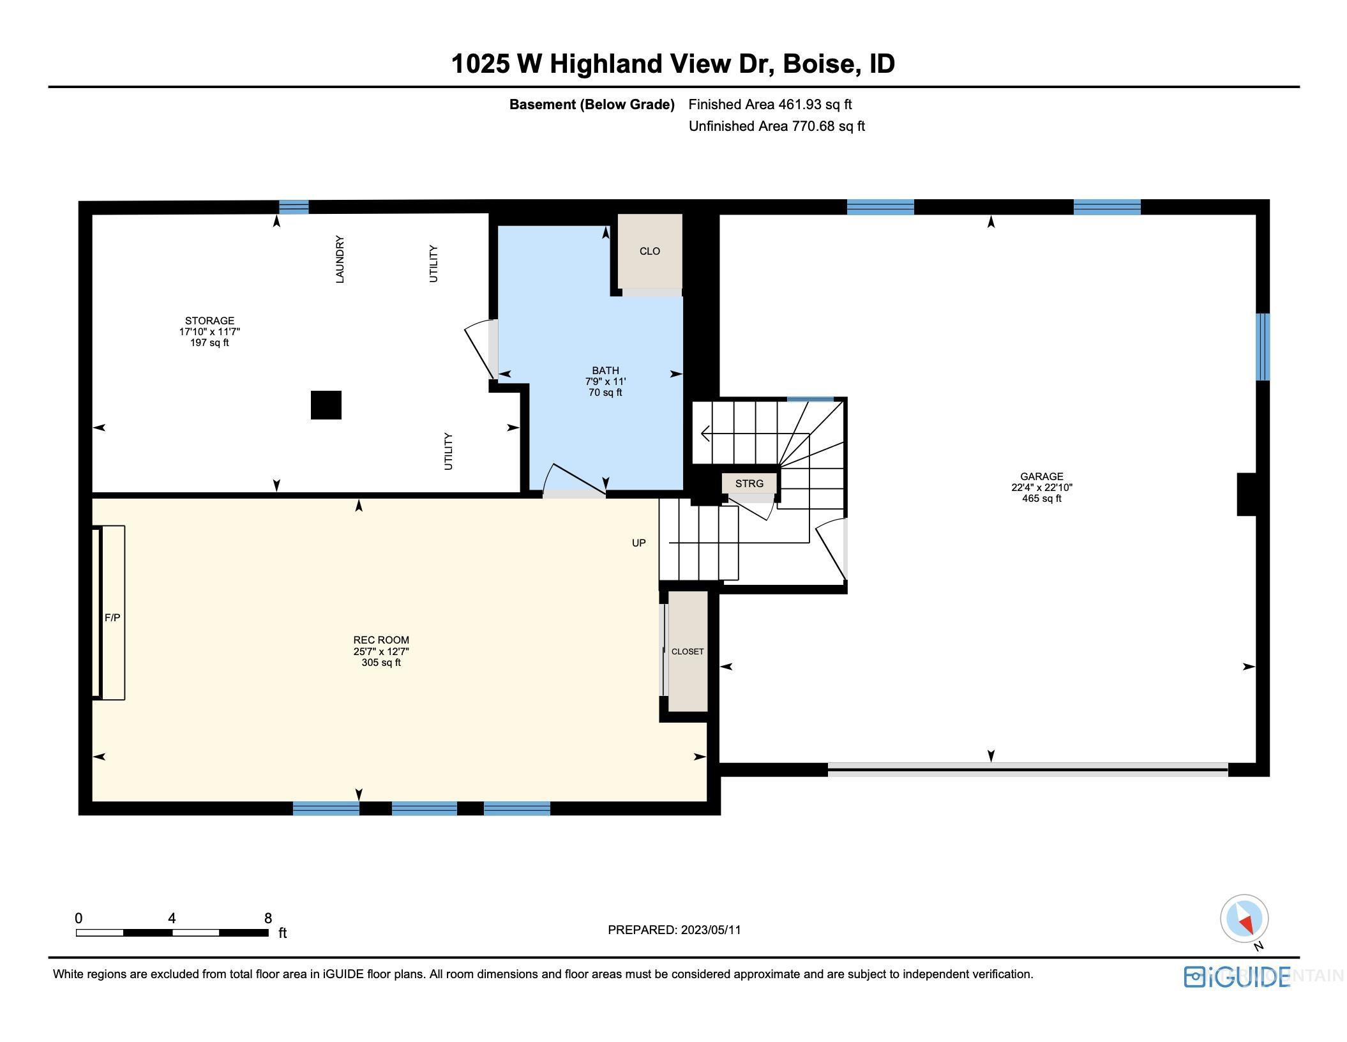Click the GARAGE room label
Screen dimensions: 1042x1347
pyautogui.click(x=1041, y=476)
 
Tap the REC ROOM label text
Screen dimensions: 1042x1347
pyautogui.click(x=381, y=640)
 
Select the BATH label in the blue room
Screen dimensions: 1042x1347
pyautogui.click(x=605, y=370)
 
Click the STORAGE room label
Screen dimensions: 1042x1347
pyautogui.click(x=209, y=321)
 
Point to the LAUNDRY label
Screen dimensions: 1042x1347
pyautogui.click(x=340, y=259)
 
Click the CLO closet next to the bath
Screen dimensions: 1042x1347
pyautogui.click(x=650, y=251)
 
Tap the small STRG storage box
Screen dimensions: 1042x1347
pyautogui.click(x=749, y=483)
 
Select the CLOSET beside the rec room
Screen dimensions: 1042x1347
pyautogui.click(x=688, y=651)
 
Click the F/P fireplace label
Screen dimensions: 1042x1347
pyautogui.click(x=112, y=617)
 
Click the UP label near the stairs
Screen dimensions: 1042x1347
pyautogui.click(x=638, y=543)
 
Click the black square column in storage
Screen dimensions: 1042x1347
pyautogui.click(x=326, y=405)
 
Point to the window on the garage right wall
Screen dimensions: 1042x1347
pyautogui.click(x=1262, y=347)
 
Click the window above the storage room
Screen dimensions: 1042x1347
pyautogui.click(x=294, y=207)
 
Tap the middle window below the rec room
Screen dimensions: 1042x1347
pyautogui.click(x=424, y=808)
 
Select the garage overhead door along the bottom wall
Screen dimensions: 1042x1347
pyautogui.click(x=1027, y=770)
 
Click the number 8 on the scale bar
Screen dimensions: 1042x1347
pyautogui.click(x=268, y=918)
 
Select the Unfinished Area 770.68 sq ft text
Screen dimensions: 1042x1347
pyautogui.click(x=776, y=126)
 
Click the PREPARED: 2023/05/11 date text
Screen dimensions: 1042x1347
pyautogui.click(x=674, y=930)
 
